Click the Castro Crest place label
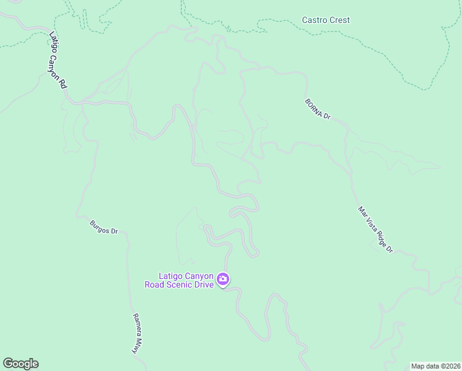[325, 20]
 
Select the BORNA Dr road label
[318, 109]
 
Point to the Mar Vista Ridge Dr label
[375, 229]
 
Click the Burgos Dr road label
[104, 227]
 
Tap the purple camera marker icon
[223, 280]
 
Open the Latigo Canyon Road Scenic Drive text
[186, 280]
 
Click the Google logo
[20, 364]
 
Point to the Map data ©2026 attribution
[435, 366]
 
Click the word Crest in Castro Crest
[339, 20]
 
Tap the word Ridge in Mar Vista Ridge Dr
[379, 236]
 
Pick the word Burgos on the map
[100, 226]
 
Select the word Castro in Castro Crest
[314, 20]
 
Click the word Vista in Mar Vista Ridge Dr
[371, 223]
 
